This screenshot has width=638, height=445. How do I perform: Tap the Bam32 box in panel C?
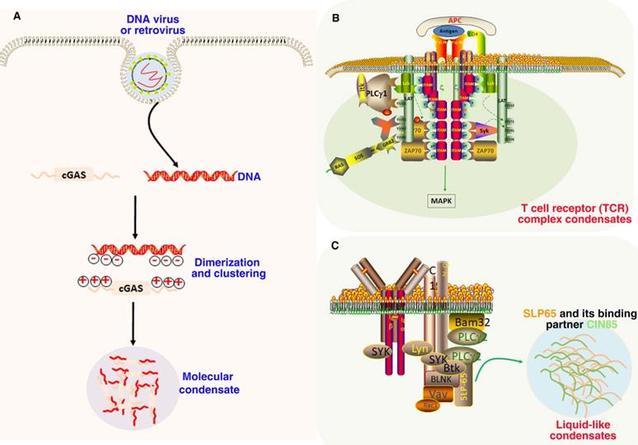(473, 321)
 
